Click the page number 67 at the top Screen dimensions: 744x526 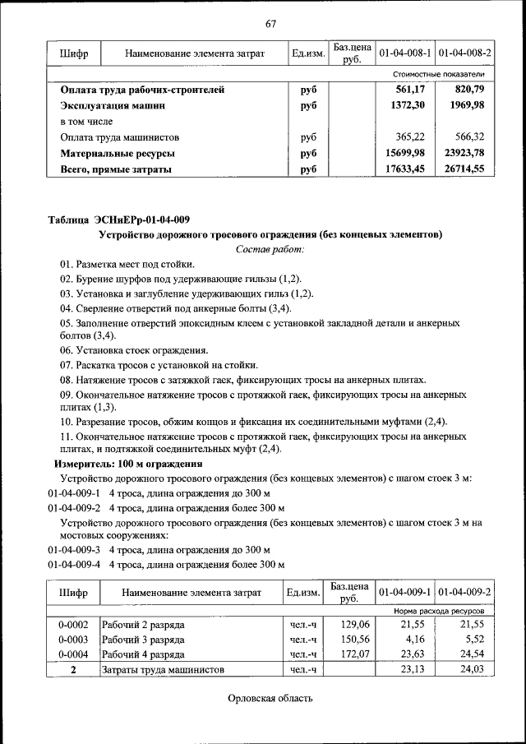[270, 22]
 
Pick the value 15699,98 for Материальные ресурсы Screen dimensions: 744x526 [404, 153]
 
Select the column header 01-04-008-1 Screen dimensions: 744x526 [404, 53]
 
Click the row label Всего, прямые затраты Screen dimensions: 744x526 [116, 169]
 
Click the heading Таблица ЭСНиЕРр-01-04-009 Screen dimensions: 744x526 [119, 219]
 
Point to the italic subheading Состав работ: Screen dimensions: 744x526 [270, 248]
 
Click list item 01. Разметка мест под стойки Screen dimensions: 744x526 [127, 264]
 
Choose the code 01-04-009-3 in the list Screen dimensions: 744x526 [74, 549]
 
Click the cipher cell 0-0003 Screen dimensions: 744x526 [73, 639]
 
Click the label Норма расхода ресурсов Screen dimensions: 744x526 [439, 612]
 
